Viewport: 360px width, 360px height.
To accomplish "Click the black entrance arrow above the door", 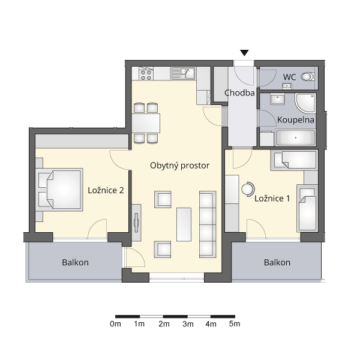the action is coord(244,53).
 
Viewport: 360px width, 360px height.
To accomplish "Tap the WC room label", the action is coord(289,77).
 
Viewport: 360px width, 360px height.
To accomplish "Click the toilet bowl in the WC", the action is coord(308,76).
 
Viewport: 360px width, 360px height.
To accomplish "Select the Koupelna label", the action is coord(295,120).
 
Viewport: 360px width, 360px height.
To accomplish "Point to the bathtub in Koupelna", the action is coord(295,137).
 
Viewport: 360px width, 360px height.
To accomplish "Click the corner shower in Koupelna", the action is coord(305,103).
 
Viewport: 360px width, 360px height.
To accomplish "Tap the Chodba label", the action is coord(239,93).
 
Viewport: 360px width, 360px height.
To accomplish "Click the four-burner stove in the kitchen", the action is coord(146,73).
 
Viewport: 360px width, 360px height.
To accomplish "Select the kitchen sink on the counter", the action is coord(184,73).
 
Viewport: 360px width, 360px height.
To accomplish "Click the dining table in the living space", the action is coord(146,123).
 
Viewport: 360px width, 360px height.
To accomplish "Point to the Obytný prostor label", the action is coord(180,166).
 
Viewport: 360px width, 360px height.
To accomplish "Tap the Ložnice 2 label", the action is coord(106,190).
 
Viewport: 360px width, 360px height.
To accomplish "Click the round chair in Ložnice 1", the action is coord(248,189).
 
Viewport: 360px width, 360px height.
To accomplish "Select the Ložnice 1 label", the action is coord(272,199).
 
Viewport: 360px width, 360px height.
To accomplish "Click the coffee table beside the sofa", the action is coord(184,224).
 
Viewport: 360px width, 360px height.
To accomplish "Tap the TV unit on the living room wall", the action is coord(136,223).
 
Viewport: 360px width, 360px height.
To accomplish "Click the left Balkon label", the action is coord(76,262).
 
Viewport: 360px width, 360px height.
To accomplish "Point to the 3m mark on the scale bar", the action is coord(188,317).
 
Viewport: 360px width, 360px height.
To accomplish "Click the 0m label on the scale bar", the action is coord(115,324).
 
